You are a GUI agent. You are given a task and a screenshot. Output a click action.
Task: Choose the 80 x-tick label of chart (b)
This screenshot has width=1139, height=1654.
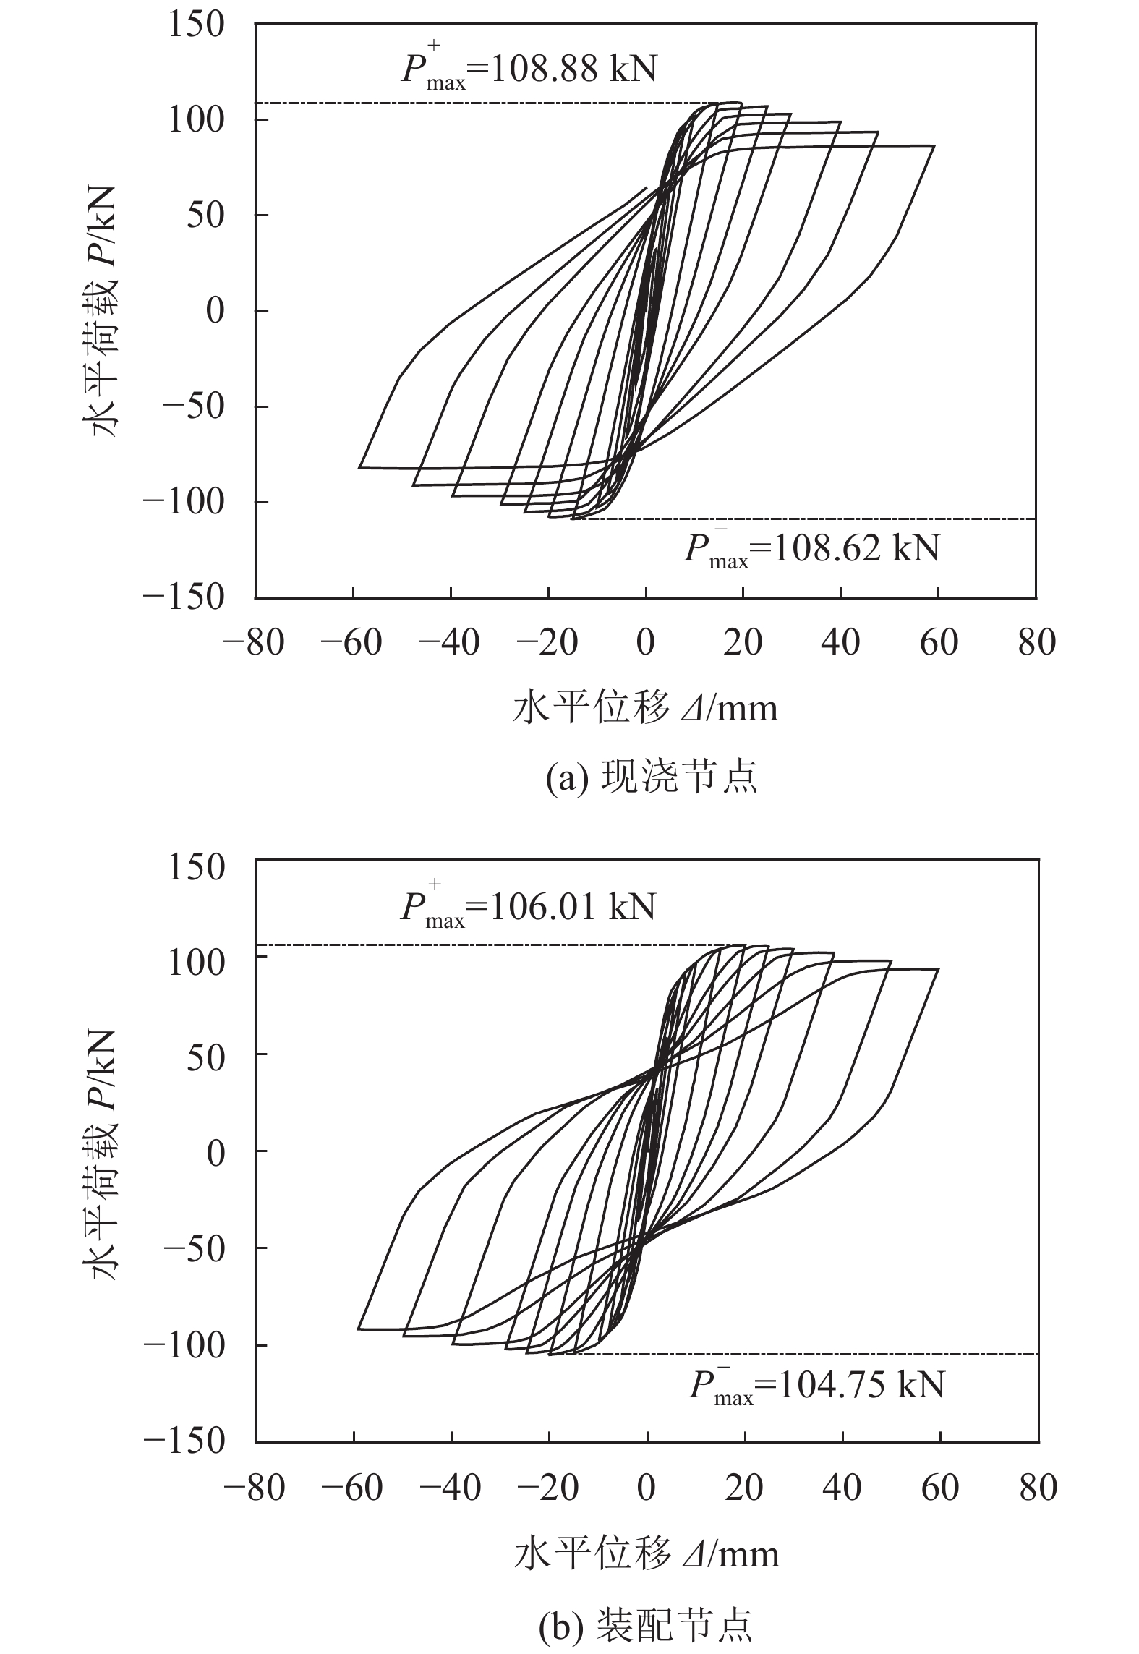1038,1485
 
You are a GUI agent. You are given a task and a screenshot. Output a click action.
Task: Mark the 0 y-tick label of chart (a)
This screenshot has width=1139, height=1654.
216,311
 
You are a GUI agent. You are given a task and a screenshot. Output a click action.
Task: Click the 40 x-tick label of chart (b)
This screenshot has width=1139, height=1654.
842,1485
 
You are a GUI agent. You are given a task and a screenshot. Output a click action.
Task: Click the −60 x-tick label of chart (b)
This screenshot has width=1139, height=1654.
354,1485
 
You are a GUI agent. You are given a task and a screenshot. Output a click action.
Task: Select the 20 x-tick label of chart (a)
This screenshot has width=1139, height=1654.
743,642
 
